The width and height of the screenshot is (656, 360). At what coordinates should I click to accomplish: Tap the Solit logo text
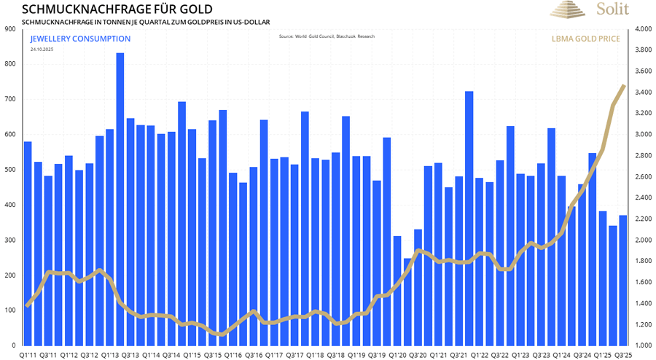pos(612,9)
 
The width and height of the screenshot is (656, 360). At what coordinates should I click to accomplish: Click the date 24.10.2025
pos(42,49)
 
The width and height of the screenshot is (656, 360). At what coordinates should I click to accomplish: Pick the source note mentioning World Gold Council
pos(327,36)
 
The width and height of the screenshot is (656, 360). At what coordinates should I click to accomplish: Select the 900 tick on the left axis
pos(10,29)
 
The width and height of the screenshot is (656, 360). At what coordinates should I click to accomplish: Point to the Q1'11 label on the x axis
pos(28,354)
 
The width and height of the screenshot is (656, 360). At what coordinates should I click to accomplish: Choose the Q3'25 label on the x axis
pos(623,354)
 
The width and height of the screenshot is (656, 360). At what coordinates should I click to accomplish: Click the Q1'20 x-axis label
pos(397,354)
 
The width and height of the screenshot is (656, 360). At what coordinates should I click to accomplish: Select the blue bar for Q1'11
pos(28,240)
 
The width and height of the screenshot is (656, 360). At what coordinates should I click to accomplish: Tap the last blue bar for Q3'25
pos(623,280)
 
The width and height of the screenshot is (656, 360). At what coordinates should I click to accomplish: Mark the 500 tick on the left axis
pos(10,170)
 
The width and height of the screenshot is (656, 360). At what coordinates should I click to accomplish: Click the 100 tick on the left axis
pos(10,310)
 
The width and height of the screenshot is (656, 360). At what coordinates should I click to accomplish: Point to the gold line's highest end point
pos(624,86)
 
